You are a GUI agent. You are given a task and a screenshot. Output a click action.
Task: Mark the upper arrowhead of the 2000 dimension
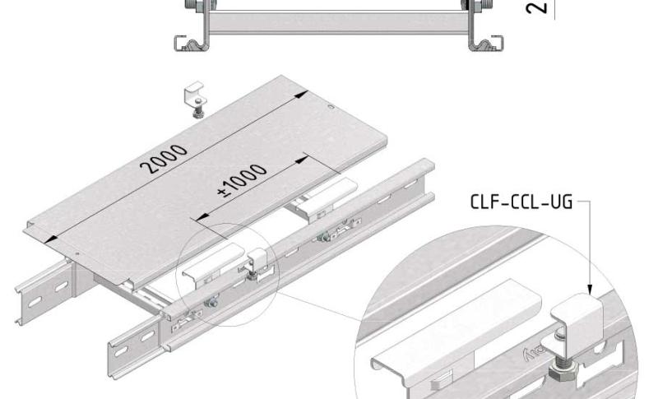[x=304, y=94]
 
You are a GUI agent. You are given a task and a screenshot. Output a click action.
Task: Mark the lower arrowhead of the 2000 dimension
[x=49, y=237]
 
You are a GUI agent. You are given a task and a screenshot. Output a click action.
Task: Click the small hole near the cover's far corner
[x=330, y=107]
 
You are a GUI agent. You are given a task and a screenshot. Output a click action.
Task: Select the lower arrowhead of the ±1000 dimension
[x=196, y=219]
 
